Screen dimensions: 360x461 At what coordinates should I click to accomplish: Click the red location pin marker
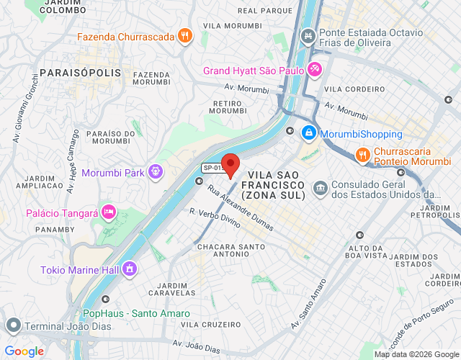pos(230,165)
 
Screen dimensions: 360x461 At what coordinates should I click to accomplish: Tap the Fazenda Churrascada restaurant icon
pos(186,36)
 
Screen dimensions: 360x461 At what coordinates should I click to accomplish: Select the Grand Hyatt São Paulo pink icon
pos(315,70)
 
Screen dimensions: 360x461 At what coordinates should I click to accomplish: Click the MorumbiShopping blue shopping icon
pos(308,133)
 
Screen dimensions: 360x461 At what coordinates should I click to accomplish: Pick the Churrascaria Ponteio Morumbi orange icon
pos(363,154)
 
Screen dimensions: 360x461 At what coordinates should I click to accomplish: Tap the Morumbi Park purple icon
pos(155,172)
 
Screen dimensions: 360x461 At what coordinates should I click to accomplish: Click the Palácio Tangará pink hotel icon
pos(108,212)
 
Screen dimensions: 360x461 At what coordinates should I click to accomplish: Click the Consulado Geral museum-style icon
pos(321,189)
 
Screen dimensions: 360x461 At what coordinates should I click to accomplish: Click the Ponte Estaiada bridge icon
pos(308,35)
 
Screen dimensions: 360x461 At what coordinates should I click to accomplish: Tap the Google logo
pos(24,351)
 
